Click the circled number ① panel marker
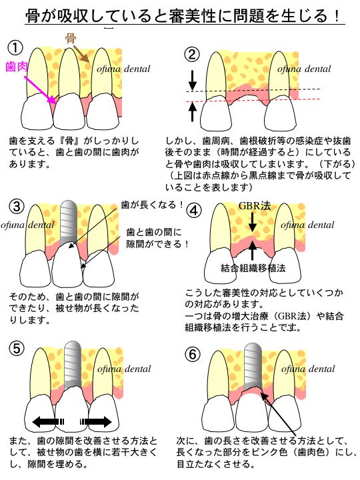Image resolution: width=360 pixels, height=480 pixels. [x=15, y=48]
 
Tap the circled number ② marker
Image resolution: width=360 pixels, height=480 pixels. [x=191, y=55]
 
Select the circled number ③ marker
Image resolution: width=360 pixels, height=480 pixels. [x=17, y=206]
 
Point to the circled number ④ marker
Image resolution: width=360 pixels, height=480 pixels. [x=194, y=211]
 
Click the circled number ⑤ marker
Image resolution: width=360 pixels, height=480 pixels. [x=17, y=349]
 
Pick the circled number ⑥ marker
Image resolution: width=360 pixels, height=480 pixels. [x=193, y=355]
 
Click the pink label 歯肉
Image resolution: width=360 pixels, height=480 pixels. [x=17, y=67]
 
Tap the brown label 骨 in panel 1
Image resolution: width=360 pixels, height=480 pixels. [x=71, y=39]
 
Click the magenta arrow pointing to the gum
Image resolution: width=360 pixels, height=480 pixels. [x=40, y=89]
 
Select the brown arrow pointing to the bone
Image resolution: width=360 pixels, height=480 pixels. [x=81, y=53]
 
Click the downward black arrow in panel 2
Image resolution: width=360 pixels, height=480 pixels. [x=192, y=80]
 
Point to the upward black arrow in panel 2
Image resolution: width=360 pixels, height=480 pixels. [x=192, y=112]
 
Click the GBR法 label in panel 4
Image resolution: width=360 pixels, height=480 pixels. [x=255, y=206]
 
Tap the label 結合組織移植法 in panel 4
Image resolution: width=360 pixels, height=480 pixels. [x=253, y=268]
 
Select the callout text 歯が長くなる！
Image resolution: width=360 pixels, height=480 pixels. [x=153, y=205]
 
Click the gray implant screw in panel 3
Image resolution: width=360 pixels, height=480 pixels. [x=68, y=223]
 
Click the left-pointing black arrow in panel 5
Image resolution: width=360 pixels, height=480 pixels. [x=48, y=422]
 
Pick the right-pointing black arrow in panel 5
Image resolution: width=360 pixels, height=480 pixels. [x=97, y=422]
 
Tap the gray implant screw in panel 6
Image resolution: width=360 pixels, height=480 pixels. [x=253, y=367]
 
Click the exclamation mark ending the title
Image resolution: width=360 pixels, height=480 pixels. [x=337, y=15]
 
